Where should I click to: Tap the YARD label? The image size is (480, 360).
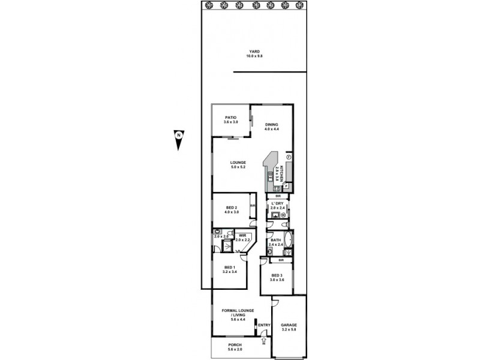pyautogui.click(x=254, y=52)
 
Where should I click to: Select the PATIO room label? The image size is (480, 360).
pyautogui.click(x=230, y=118)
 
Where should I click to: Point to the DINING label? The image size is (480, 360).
pyautogui.click(x=272, y=125)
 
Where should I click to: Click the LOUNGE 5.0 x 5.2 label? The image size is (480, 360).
pyautogui.click(x=239, y=163)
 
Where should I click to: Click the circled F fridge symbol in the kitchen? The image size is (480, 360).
pyautogui.click(x=288, y=157)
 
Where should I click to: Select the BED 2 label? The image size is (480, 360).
pyautogui.click(x=230, y=208)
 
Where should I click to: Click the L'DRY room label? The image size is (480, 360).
pyautogui.click(x=277, y=204)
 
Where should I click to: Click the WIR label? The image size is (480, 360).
pyautogui.click(x=241, y=236)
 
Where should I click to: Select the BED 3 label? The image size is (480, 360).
pyautogui.click(x=276, y=275)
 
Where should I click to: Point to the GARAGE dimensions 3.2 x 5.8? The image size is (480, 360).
pyautogui.click(x=289, y=329)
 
